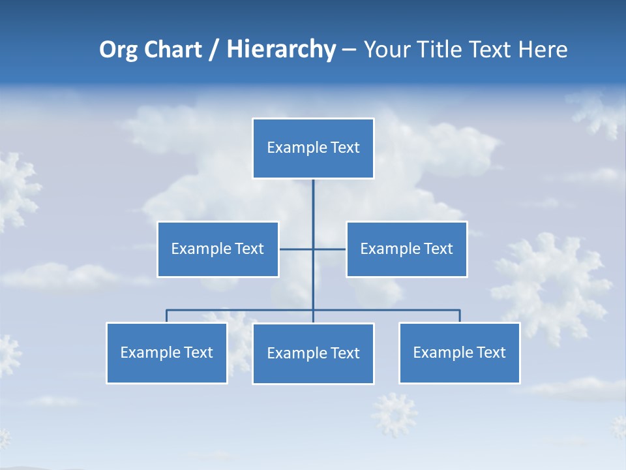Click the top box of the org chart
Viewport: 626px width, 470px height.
point(313,148)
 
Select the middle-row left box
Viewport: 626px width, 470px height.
point(218,249)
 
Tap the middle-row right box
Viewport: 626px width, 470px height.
point(406,249)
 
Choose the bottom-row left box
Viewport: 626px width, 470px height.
point(167,353)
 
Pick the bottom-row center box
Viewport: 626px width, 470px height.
point(313,354)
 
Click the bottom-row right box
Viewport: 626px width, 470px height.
point(459,353)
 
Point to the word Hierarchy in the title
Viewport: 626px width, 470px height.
point(281,50)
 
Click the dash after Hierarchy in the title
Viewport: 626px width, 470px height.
point(349,50)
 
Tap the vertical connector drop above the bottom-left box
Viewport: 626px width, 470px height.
point(167,316)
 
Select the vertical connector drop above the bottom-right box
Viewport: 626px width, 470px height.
point(460,316)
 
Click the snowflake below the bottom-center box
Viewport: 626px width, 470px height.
point(395,414)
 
